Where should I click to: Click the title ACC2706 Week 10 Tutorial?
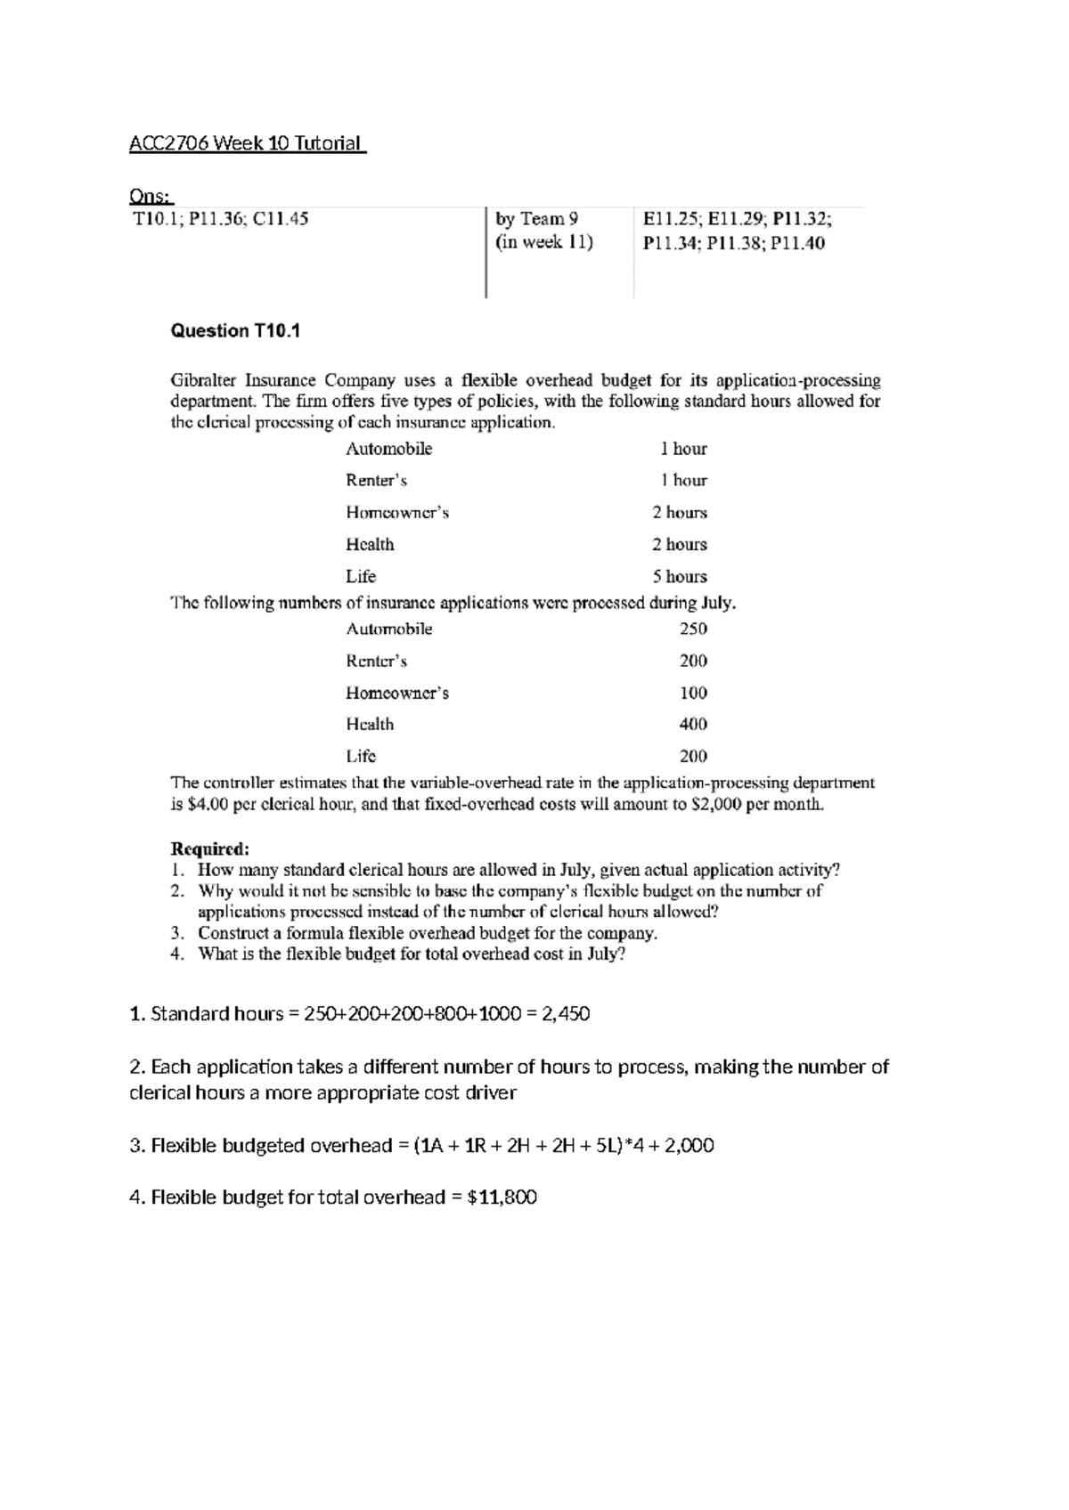(247, 143)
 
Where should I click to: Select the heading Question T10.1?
(235, 331)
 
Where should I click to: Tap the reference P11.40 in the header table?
(798, 244)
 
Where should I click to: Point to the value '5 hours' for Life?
(680, 576)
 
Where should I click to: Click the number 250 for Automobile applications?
(693, 629)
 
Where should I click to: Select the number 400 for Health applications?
(693, 724)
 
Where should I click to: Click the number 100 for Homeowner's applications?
(693, 693)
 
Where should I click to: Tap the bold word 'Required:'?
(210, 848)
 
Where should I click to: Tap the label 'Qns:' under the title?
(151, 196)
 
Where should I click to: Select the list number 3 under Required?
(177, 933)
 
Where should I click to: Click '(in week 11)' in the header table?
(544, 243)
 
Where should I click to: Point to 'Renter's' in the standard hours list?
(376, 481)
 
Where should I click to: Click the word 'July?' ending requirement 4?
(607, 954)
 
